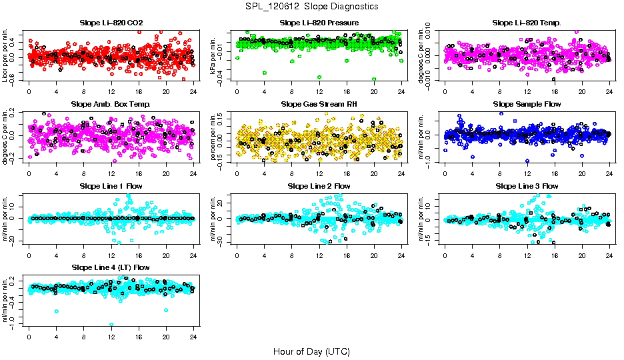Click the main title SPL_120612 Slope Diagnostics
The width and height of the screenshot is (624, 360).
point(311,6)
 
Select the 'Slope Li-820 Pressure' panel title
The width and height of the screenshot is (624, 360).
point(319,23)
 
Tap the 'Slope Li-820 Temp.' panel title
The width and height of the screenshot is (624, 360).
point(527,23)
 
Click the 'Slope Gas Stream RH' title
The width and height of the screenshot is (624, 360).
point(319,105)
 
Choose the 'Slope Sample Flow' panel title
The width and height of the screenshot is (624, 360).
point(527,105)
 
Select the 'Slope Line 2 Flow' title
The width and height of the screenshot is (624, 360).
point(319,186)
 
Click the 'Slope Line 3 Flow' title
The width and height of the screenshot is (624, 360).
point(527,186)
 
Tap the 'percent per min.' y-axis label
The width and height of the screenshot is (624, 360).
point(214,137)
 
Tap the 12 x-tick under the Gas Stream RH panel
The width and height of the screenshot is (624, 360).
point(319,174)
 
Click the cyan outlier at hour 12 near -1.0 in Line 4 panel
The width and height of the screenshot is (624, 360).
point(111,325)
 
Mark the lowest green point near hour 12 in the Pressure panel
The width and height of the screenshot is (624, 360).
point(319,77)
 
